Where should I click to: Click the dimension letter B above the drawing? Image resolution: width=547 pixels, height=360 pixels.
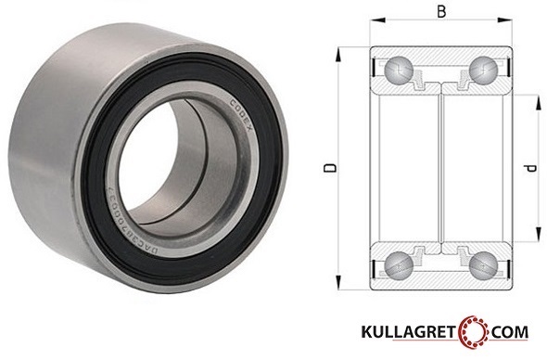(x=442, y=13)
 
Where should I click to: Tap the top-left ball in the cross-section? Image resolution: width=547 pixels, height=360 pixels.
(x=398, y=69)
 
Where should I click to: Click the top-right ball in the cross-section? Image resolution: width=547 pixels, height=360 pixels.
(x=482, y=69)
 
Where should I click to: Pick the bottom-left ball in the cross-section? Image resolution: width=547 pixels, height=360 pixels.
(x=398, y=266)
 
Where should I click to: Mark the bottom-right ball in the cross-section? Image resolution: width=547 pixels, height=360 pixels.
(x=482, y=266)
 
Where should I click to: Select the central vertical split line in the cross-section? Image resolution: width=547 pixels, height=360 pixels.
(x=440, y=167)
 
